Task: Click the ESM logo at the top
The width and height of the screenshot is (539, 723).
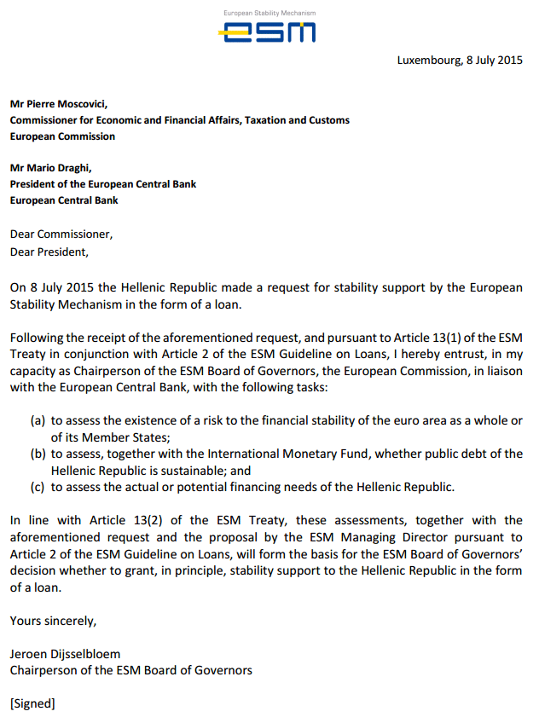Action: [268, 32]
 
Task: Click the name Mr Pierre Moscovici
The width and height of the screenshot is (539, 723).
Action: [59, 105]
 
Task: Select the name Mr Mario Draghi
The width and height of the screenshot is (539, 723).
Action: [52, 169]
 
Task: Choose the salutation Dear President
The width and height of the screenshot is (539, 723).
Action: [49, 252]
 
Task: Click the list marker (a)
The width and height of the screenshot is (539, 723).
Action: [38, 421]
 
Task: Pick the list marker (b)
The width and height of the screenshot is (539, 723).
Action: [38, 454]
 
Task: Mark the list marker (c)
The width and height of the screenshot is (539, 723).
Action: [38, 487]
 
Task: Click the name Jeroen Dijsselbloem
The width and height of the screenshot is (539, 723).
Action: [64, 654]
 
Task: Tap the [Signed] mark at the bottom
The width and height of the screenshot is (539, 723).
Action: [32, 704]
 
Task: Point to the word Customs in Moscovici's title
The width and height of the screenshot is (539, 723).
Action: [327, 121]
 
